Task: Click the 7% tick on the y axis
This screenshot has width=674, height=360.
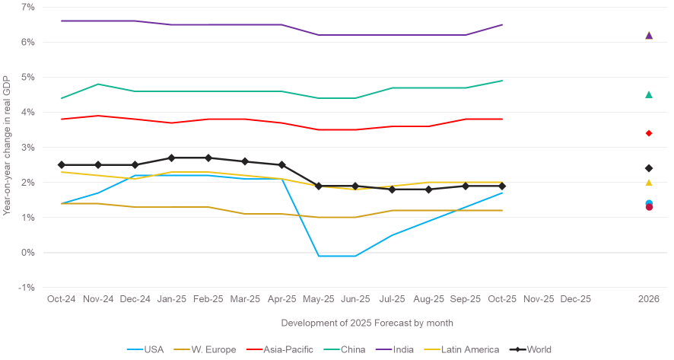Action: pos(27,7)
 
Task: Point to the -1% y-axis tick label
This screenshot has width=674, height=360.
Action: pos(27,288)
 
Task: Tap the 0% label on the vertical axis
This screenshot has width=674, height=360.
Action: pos(27,253)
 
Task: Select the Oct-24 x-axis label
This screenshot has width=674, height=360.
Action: pos(62,299)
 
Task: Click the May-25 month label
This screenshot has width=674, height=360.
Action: pos(319,299)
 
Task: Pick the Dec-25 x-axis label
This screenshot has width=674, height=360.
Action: pos(575,299)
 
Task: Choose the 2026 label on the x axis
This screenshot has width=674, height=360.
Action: pos(649,299)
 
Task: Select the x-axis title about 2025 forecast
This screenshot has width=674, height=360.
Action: pos(355,323)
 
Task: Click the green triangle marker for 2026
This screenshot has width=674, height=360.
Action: pos(649,94)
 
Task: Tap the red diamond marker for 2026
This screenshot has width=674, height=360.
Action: pos(649,133)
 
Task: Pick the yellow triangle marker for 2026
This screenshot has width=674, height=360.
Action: pos(649,182)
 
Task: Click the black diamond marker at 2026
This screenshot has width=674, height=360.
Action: pos(649,168)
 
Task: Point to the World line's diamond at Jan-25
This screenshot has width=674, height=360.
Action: pos(171,158)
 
